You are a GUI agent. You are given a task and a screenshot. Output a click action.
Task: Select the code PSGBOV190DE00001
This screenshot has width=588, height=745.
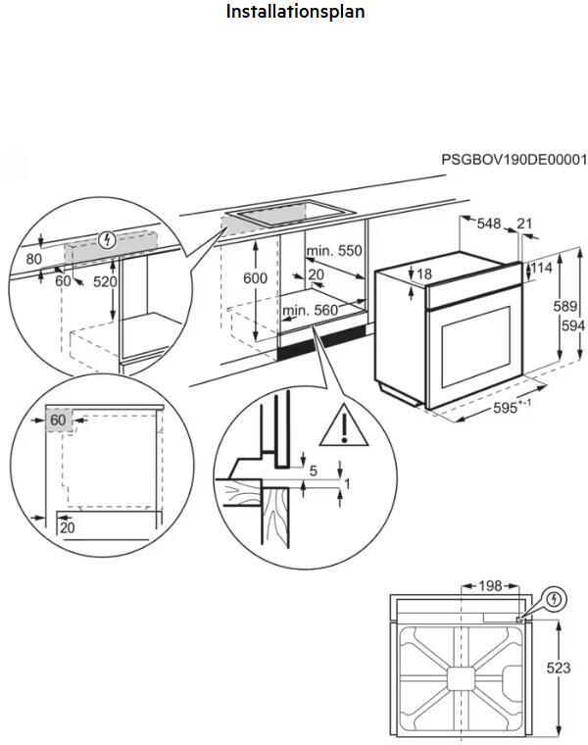pyautogui.click(x=513, y=159)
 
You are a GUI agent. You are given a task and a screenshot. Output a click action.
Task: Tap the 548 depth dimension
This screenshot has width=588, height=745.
pyautogui.click(x=489, y=223)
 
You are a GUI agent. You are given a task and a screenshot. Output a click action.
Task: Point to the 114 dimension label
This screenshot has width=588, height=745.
pyautogui.click(x=541, y=268)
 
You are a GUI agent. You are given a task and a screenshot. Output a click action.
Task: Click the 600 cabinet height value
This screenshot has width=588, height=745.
pyautogui.click(x=255, y=278)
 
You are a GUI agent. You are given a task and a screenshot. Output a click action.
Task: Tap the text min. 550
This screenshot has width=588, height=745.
pyautogui.click(x=334, y=251)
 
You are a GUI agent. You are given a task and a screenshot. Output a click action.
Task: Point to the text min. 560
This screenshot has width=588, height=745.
pyautogui.click(x=310, y=311)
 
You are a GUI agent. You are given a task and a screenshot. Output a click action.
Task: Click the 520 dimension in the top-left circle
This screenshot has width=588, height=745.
pyautogui.click(x=105, y=282)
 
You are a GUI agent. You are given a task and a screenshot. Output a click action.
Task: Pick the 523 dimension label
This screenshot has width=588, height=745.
pyautogui.click(x=558, y=668)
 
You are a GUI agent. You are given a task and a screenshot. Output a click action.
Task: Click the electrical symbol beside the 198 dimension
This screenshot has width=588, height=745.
pyautogui.click(x=554, y=596)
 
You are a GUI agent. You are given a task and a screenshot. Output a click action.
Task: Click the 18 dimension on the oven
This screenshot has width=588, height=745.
pyautogui.click(x=423, y=273)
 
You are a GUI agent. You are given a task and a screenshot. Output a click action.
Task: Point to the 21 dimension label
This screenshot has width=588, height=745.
pyautogui.click(x=524, y=223)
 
